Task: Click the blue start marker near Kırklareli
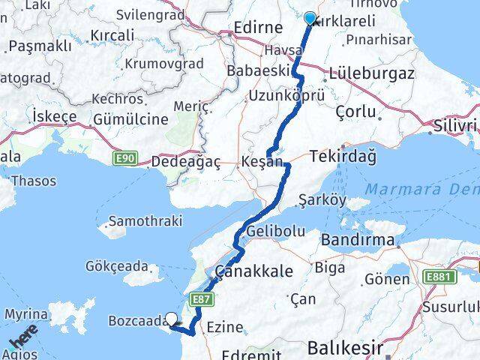(x=310, y=19)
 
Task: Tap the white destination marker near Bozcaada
(x=172, y=319)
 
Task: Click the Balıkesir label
(x=346, y=348)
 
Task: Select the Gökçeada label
(x=118, y=266)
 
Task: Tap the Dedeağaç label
(x=184, y=160)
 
